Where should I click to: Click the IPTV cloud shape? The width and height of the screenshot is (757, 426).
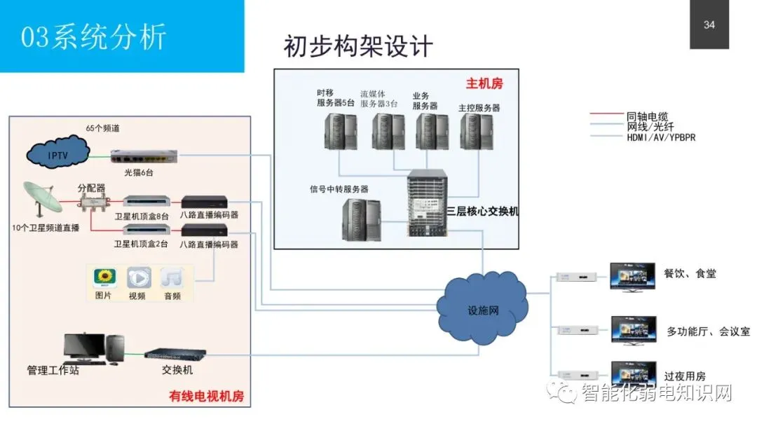[58, 153]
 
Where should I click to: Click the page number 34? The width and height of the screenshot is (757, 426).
[709, 25]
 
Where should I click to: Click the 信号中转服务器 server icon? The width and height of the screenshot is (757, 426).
[362, 219]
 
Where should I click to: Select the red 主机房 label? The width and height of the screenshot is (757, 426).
[484, 84]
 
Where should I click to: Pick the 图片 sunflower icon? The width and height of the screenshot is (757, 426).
[104, 277]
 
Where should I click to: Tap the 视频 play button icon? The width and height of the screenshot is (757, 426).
[138, 277]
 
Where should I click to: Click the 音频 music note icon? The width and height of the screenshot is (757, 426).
[172, 277]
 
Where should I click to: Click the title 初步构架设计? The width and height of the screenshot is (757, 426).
[358, 46]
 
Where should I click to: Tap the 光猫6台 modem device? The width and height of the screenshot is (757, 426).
[143, 156]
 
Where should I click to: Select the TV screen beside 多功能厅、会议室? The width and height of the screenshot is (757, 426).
[634, 329]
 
